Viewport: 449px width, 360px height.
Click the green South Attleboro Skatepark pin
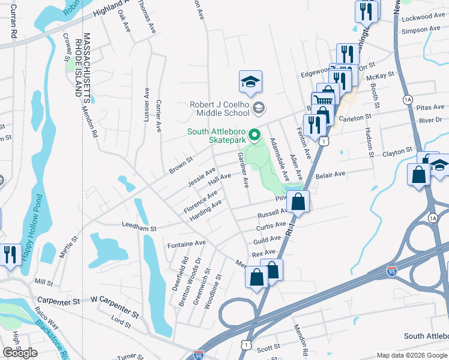[255, 134]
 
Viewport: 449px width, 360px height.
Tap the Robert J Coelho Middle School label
[219, 108]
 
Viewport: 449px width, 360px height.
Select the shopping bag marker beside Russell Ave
[298, 202]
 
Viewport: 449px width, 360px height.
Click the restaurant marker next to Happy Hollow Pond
[10, 254]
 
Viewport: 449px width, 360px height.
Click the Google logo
[20, 353]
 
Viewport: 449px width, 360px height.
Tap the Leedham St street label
[139, 229]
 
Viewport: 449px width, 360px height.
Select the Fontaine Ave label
[186, 244]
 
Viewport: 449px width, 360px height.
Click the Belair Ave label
[331, 174]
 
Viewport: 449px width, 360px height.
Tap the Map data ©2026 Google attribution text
[411, 355]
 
